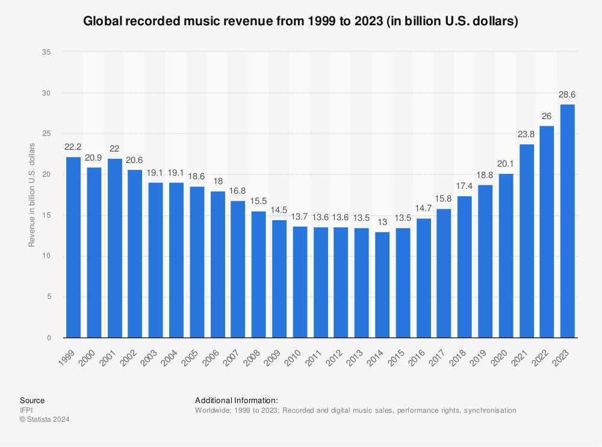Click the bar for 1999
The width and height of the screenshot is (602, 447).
pos(73,247)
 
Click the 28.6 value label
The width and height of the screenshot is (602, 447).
pos(567,96)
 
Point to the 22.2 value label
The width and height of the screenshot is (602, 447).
pos(73,148)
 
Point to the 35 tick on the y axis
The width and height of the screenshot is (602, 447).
pos(46,52)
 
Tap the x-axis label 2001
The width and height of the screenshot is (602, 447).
pos(109,356)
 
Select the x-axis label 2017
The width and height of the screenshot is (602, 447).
pos(438,356)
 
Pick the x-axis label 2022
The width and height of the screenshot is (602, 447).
pos(541,356)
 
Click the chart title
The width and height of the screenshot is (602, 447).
pos(301,21)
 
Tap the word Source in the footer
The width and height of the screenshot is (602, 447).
pos(32,400)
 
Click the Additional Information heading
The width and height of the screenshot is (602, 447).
pos(237,400)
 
